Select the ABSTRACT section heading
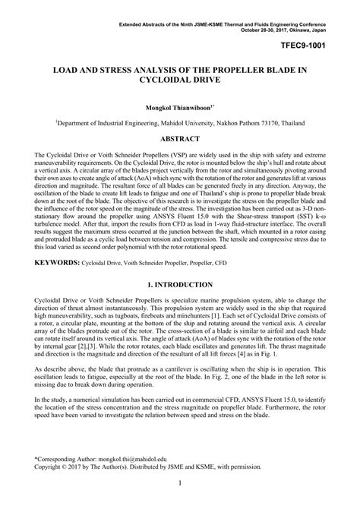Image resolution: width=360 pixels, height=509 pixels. tap(180, 139)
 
